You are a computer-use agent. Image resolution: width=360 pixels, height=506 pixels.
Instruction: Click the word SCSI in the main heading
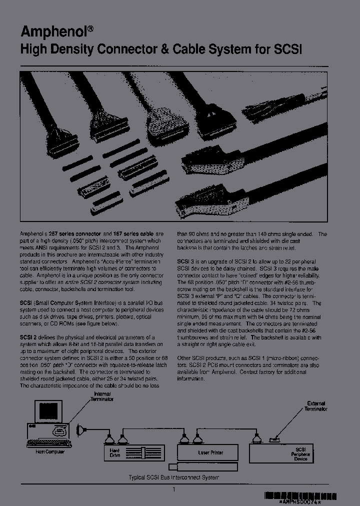pyautogui.click(x=287, y=49)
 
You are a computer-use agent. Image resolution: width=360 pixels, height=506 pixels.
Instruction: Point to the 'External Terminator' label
pyautogui.click(x=315, y=405)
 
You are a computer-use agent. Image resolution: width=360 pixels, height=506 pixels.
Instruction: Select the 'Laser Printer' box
pyautogui.click(x=211, y=452)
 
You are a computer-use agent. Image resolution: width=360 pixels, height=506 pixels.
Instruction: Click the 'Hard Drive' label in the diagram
pyautogui.click(x=115, y=451)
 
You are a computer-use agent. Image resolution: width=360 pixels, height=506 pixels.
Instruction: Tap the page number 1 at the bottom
pyautogui.click(x=174, y=489)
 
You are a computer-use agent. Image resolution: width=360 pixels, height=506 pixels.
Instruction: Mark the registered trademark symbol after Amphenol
pyautogui.click(x=90, y=28)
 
